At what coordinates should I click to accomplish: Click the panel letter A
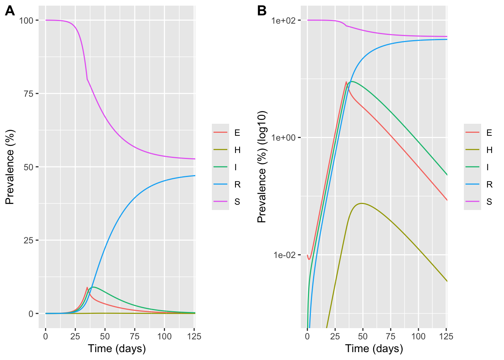pyautogui.click(x=10, y=11)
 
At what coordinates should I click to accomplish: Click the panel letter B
pyautogui.click(x=262, y=11)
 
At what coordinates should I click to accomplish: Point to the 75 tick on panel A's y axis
pyautogui.click(x=28, y=94)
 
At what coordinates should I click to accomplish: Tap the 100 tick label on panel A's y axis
pyautogui.click(x=26, y=20)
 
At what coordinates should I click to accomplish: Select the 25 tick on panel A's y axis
pyautogui.click(x=28, y=240)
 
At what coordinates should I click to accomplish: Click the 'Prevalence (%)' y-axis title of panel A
pyautogui.click(x=10, y=167)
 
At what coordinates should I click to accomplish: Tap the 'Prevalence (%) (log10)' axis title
pyautogui.click(x=262, y=167)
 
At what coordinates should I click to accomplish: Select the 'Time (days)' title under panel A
pyautogui.click(x=117, y=349)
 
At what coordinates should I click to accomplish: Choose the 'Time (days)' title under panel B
pyautogui.click(x=374, y=349)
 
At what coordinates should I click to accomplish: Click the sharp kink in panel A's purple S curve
pyautogui.click(x=87, y=79)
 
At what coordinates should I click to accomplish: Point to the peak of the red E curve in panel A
pyautogui.click(x=87, y=287)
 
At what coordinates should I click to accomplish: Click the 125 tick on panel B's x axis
pyautogui.click(x=446, y=336)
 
